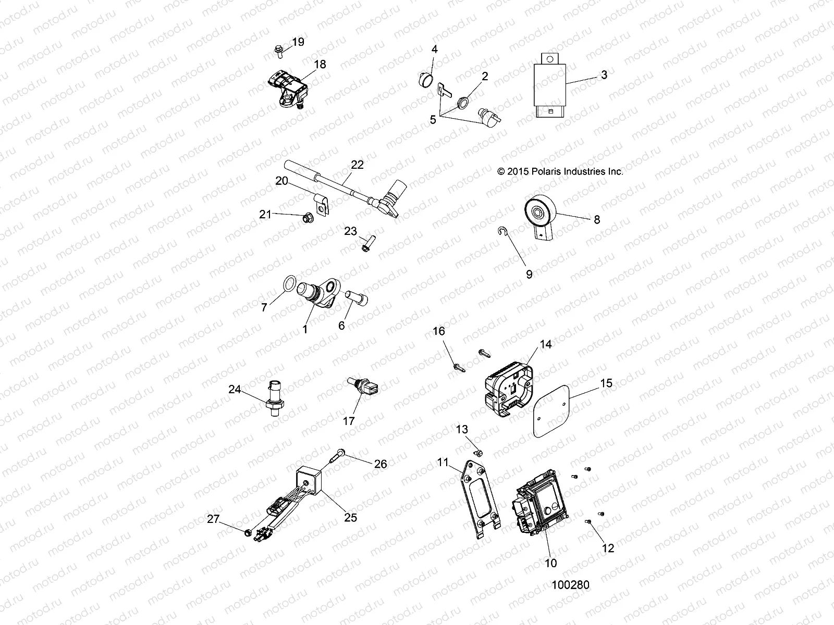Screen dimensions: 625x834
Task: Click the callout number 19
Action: tap(298, 42)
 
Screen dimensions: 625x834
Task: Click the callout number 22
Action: tap(357, 165)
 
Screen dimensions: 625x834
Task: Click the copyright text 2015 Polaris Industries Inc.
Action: tap(560, 171)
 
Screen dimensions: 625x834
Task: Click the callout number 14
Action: tap(545, 344)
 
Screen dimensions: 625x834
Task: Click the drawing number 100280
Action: tap(570, 585)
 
